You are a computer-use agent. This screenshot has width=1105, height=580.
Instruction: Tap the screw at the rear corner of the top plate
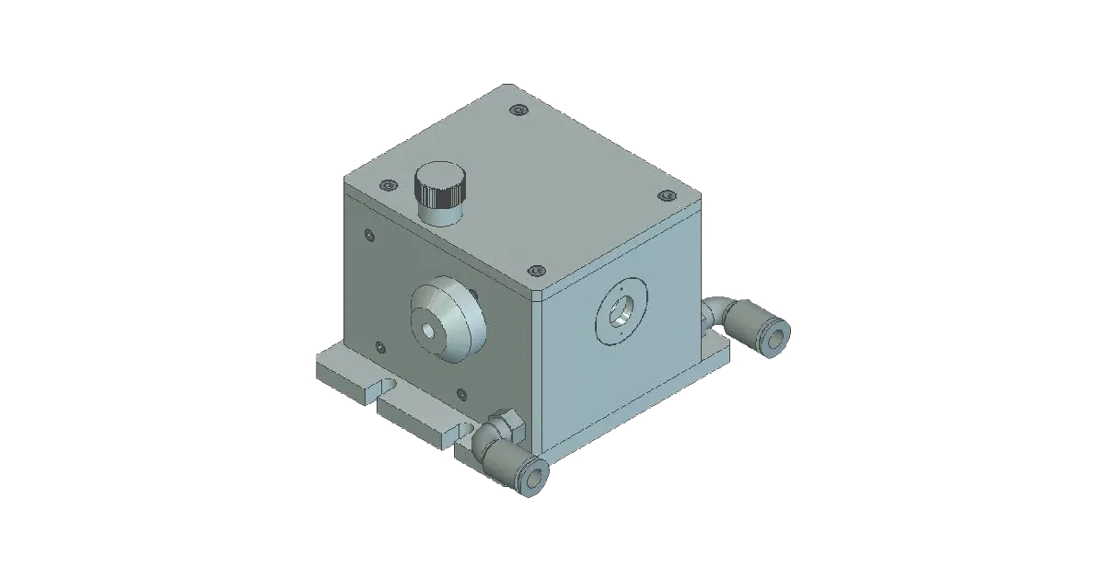click(518, 111)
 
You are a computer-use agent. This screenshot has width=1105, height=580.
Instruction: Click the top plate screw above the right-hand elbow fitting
click(666, 196)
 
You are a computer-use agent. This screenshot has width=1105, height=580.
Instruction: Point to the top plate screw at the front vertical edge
click(536, 271)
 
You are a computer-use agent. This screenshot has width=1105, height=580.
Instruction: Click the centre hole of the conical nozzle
click(427, 330)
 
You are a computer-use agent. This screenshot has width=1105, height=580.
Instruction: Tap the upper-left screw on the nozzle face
click(370, 234)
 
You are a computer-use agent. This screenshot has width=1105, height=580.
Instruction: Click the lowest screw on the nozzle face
click(461, 394)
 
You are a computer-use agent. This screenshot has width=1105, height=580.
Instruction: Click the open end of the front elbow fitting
click(535, 478)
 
